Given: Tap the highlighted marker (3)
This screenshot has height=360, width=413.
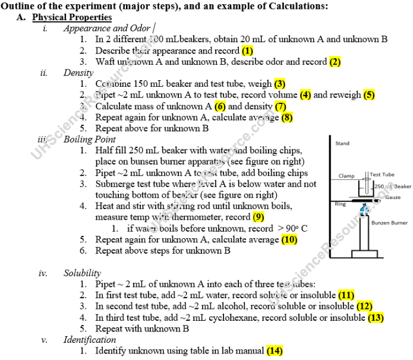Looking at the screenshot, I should coord(280,84).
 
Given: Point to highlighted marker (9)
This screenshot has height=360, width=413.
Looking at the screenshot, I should coord(258,217).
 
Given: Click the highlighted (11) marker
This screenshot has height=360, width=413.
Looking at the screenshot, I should coord(346,295).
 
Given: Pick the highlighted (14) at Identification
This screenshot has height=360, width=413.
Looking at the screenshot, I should coord(275,351).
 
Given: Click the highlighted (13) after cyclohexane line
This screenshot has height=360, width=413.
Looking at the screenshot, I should coord(376,318).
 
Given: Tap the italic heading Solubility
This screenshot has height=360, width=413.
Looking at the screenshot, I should coord(82,273).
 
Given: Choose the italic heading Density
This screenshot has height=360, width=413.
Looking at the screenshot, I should coord(78,73).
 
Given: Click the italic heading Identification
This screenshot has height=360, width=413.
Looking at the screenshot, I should coord(90,340).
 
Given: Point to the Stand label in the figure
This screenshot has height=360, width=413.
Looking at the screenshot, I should coord(342,144).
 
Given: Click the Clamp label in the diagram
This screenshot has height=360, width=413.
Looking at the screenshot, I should coord(346,176).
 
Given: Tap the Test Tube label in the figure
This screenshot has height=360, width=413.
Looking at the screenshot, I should coord(382,175).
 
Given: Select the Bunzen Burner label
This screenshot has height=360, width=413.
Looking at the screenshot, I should coord(389,223).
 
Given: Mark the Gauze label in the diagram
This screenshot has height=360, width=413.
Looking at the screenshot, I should coord(393,197).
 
